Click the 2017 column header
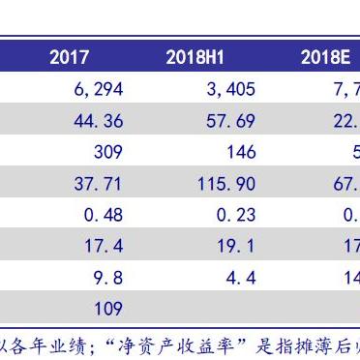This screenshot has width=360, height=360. pos(69,58)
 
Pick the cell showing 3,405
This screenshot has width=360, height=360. pos(230,90)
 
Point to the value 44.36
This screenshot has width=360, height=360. pos(98,121)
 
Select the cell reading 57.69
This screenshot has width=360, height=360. pos(230,121)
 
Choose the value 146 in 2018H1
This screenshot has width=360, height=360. pos(240,152)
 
